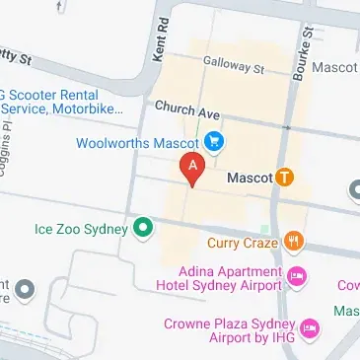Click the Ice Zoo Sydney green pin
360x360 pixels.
[144, 230]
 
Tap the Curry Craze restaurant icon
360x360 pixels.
[293, 242]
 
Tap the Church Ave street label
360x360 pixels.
[186, 112]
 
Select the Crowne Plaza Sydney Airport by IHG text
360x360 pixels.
[222, 324]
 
